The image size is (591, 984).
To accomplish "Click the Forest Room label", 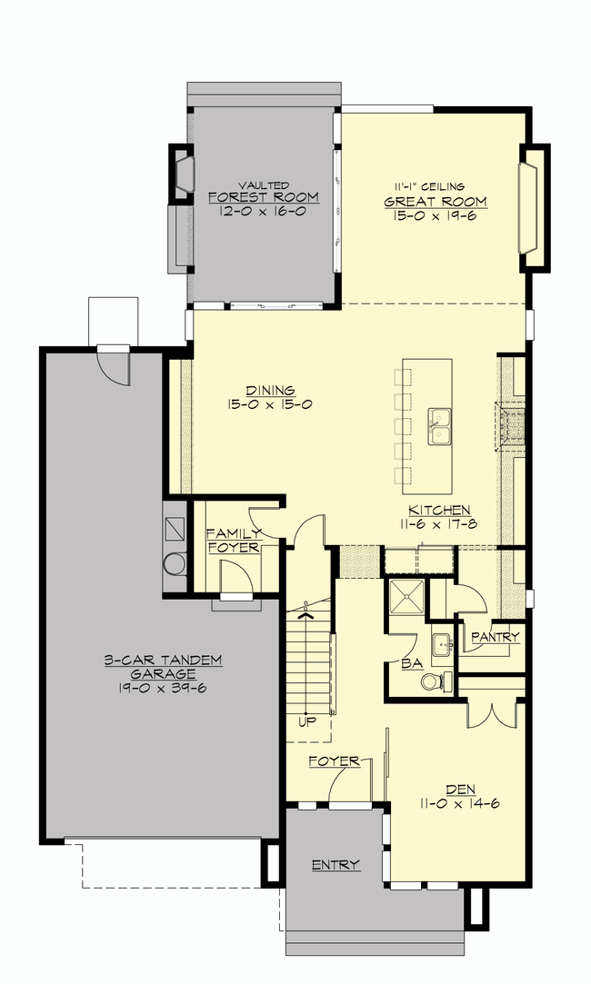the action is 263,197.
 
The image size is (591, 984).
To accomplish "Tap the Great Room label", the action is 436,202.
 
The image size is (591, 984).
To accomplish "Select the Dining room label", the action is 270,391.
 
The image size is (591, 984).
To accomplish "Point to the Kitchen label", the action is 439,511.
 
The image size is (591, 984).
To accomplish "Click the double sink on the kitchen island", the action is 440,426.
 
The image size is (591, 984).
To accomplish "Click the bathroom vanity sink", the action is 442,643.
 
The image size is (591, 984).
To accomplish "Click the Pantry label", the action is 495,637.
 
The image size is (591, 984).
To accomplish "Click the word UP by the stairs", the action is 307,721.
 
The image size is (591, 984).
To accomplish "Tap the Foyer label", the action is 334,761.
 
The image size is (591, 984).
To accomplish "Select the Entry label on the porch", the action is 336,865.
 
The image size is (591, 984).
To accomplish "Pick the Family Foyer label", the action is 233,541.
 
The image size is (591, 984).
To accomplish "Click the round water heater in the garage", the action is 174,562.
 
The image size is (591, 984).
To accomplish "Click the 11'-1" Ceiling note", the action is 429,186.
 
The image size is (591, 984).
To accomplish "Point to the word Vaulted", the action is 264,185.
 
